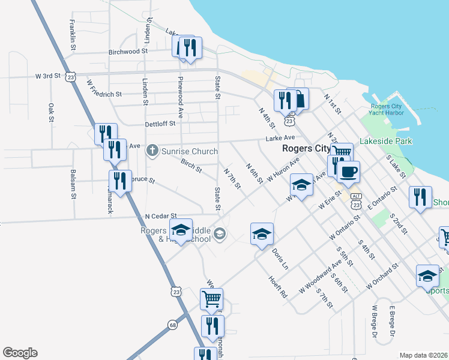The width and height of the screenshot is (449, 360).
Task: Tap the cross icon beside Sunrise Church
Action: click(153, 151)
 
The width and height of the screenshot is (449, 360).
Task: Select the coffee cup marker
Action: click(348, 173)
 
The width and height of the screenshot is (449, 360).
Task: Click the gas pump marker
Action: click(298, 99)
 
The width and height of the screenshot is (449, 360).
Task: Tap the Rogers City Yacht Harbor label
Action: click(385, 112)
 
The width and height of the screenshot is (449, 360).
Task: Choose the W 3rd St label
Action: click(48, 76)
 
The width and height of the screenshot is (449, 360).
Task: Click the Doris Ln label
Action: click(280, 258)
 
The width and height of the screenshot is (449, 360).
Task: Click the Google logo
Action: click(20, 353)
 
